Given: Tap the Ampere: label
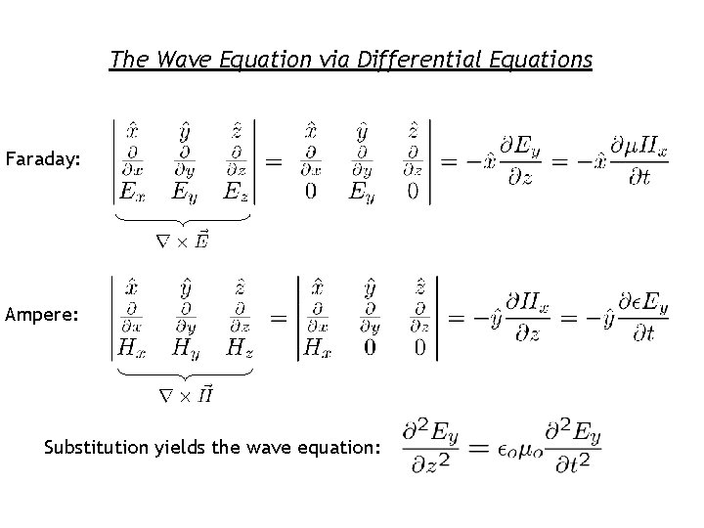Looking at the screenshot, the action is tap(37, 316).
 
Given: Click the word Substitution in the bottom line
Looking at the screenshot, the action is tap(96, 448).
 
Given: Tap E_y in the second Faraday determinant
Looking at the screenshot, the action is tap(361, 190).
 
